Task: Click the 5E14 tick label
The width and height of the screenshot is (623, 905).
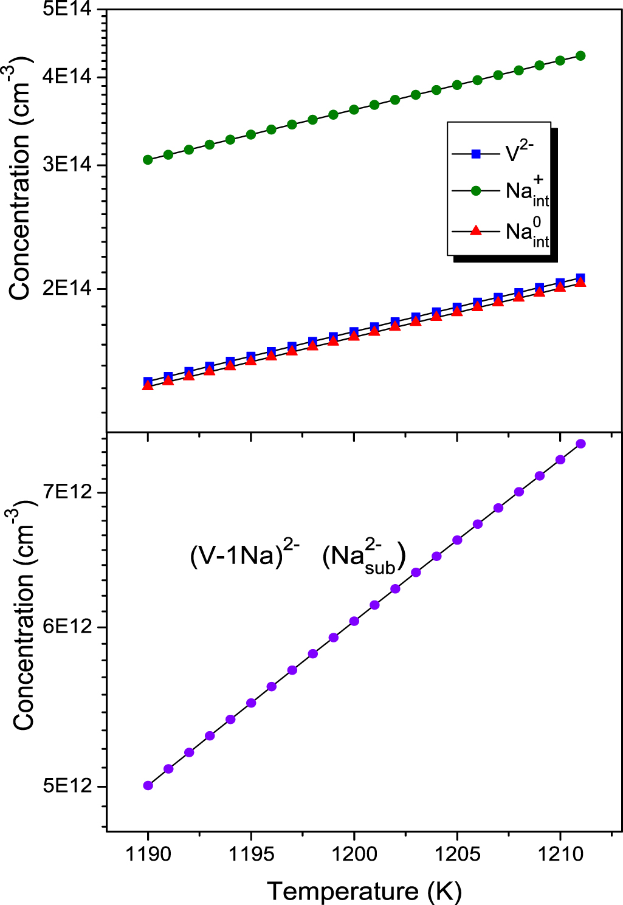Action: pyautogui.click(x=67, y=10)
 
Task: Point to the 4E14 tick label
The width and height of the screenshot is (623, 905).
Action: pyautogui.click(x=67, y=77)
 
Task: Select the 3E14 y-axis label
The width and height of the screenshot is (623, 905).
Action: pyautogui.click(x=67, y=165)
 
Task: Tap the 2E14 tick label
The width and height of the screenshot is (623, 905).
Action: pyautogui.click(x=67, y=288)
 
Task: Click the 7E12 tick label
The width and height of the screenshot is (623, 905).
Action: pyautogui.click(x=67, y=492)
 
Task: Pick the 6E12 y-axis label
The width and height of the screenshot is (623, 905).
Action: pyautogui.click(x=67, y=627)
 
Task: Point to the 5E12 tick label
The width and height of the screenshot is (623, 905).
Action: pyautogui.click(x=67, y=786)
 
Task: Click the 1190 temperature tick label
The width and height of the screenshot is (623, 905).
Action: pyautogui.click(x=148, y=854)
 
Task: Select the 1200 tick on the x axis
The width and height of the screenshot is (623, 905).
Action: pyautogui.click(x=354, y=854)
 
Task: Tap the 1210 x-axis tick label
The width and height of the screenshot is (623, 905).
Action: pyautogui.click(x=560, y=854)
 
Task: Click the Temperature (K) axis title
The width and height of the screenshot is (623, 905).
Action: pyautogui.click(x=364, y=891)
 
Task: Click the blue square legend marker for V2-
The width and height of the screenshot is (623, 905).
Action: pyautogui.click(x=476, y=154)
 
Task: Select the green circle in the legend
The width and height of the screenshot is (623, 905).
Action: pyautogui.click(x=476, y=191)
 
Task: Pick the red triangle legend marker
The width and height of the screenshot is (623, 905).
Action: pyautogui.click(x=476, y=231)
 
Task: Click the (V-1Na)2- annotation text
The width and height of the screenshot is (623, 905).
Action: pyautogui.click(x=244, y=554)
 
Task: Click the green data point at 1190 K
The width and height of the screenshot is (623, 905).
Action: pyautogui.click(x=148, y=160)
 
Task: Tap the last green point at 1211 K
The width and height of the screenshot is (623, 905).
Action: pyautogui.click(x=580, y=56)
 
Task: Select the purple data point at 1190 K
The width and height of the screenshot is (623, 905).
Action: pyautogui.click(x=148, y=785)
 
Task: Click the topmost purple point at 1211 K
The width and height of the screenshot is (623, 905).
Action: pyautogui.click(x=580, y=444)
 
